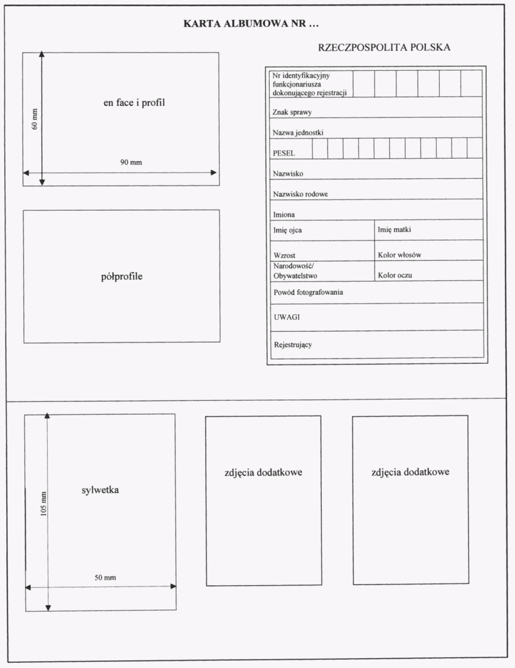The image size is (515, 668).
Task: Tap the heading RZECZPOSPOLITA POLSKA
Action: point(385,48)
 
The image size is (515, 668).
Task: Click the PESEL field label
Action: point(284,152)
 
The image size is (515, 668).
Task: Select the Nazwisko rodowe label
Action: point(300,194)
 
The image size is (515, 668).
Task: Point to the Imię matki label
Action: point(395,230)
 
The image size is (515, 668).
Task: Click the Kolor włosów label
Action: point(399,255)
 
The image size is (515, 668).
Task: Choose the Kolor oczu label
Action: point(395,275)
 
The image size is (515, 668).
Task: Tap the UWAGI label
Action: point(286,317)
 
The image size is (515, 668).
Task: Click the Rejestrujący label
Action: point(293,345)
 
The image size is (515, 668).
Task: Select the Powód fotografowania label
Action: point(308,292)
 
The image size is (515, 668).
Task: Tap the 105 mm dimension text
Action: point(43,502)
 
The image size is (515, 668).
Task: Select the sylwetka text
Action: point(100,490)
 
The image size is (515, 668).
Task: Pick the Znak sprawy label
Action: point(292,113)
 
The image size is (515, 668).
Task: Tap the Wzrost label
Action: point(284,255)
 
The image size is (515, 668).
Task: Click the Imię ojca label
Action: point(287,230)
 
